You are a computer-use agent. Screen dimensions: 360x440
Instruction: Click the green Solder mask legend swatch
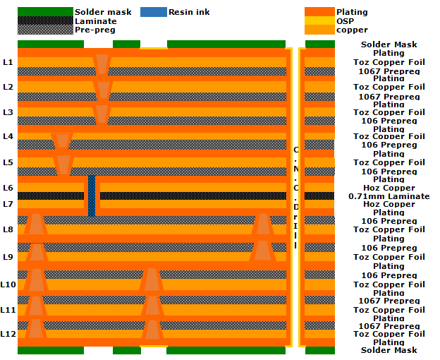pos(45,12)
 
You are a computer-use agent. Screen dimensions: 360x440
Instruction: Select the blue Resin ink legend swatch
pos(154,12)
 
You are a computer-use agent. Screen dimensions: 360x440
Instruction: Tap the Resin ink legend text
pos(189,12)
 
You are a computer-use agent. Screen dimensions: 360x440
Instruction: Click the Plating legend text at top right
pos(352,12)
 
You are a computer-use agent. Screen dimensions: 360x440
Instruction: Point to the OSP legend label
pos(345,21)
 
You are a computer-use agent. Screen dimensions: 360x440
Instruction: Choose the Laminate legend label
pos(95,21)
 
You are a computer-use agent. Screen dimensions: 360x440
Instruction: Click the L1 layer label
pos(8,62)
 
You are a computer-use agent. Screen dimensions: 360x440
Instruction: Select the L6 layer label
pos(8,188)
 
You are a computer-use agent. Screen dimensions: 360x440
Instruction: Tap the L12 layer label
pos(8,334)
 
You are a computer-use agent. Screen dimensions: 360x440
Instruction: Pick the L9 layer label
pos(8,257)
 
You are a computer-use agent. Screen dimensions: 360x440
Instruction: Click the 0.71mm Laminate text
pos(389,196)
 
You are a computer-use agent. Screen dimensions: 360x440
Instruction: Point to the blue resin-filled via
pos(92,196)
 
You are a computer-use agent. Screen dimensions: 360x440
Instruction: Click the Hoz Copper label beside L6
pos(389,188)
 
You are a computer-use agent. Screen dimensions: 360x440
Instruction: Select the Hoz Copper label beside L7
pos(389,204)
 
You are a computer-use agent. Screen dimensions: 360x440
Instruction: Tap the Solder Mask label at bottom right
pos(389,350)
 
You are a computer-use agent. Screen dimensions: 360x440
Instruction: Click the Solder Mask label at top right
pos(389,44)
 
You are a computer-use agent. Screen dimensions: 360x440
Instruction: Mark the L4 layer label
pos(8,136)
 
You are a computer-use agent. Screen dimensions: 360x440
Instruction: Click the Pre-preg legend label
pos(95,30)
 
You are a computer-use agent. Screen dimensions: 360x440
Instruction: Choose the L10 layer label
pos(8,284)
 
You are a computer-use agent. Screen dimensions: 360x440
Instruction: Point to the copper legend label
pos(352,30)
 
